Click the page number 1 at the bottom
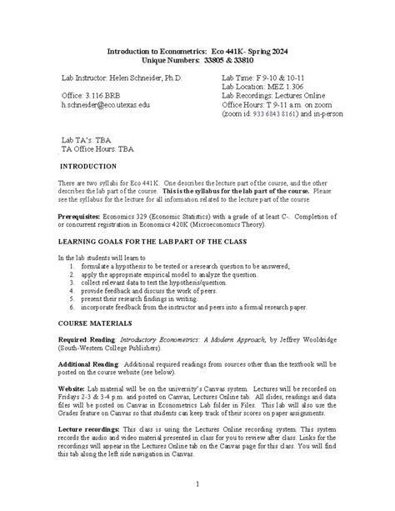[x=197, y=483]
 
